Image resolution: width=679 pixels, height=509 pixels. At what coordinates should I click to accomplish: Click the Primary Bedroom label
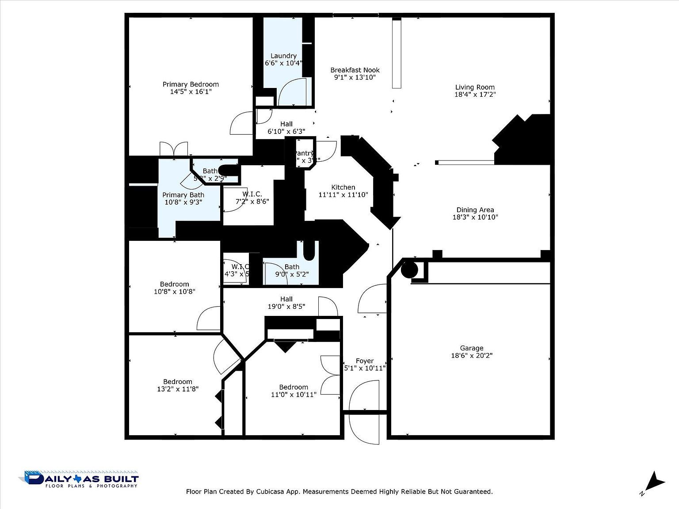(191, 84)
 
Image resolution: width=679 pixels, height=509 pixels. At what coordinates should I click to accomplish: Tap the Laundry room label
(283, 56)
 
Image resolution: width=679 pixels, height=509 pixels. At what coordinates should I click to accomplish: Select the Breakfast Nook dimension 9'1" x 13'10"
(355, 77)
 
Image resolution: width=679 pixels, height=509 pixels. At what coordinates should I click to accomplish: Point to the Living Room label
(475, 87)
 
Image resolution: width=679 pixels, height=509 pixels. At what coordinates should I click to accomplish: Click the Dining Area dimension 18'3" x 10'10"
(475, 217)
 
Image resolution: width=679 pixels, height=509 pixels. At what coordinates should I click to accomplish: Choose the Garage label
(471, 348)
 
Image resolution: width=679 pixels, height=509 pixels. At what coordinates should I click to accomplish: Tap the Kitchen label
(343, 187)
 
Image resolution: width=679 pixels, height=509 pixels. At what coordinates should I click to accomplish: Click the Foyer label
(365, 361)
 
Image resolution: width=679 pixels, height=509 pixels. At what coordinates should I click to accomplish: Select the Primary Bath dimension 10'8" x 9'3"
(183, 202)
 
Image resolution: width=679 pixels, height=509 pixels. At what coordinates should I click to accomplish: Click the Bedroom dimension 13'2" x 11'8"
(177, 389)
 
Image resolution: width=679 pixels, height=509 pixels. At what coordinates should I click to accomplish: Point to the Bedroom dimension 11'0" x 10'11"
(294, 394)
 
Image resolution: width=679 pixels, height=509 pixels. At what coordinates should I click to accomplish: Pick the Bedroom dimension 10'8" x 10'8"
(174, 291)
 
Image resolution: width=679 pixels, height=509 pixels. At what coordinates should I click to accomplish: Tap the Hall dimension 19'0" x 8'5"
(286, 306)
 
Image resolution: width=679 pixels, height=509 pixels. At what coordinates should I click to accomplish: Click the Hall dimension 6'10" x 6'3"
(286, 131)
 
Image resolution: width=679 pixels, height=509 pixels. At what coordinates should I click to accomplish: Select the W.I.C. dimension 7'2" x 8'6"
(252, 201)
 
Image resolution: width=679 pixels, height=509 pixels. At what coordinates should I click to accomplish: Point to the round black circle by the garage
(409, 270)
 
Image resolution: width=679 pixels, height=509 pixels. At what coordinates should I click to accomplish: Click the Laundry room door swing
(292, 91)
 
